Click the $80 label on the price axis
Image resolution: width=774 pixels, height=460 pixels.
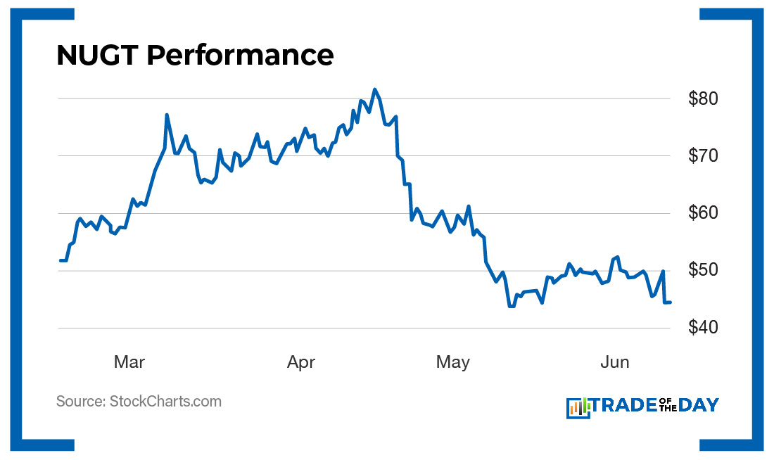(x=703, y=98)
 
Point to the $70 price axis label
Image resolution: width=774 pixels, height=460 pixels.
(x=703, y=155)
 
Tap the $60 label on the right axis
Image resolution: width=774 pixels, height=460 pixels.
(x=703, y=213)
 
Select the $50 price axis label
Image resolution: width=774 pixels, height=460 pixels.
(x=703, y=271)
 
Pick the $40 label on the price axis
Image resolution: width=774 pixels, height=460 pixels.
(x=703, y=328)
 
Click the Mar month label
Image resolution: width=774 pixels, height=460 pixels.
(x=129, y=362)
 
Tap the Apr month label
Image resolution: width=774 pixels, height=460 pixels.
(x=301, y=362)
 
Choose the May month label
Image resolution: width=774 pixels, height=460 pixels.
(x=452, y=362)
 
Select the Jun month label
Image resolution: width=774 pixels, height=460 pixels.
(x=614, y=362)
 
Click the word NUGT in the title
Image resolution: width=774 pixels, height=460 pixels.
(x=96, y=55)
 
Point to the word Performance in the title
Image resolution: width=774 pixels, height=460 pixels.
(x=240, y=55)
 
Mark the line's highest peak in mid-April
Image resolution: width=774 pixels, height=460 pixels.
(x=374, y=89)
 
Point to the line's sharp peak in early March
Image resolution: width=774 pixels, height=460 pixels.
(x=167, y=115)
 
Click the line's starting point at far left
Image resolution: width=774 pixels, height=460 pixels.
(x=60, y=260)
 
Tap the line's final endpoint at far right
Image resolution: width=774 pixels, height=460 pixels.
(x=670, y=302)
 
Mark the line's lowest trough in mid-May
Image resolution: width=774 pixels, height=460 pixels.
(x=511, y=306)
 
